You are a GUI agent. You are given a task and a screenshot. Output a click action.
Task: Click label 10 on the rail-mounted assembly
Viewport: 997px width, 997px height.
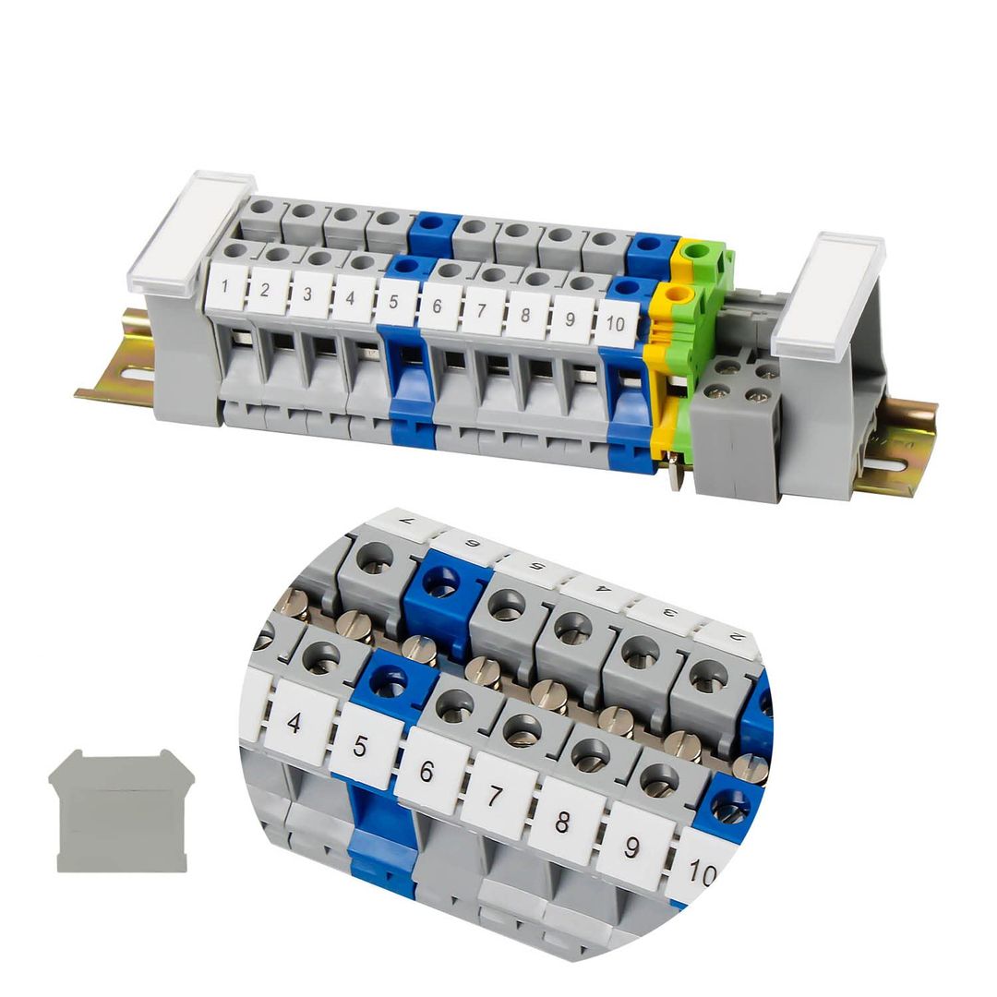[617, 324]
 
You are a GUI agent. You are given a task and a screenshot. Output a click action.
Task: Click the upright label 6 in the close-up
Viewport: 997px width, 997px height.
[426, 770]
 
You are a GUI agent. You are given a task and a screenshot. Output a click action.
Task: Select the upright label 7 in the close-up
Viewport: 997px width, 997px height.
[495, 795]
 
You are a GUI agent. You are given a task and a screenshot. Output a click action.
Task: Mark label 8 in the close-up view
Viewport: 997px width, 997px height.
[562, 821]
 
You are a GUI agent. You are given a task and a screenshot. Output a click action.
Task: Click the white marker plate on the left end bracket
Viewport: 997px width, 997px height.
[191, 233]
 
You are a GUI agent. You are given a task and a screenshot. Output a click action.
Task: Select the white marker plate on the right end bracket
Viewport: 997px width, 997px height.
[828, 294]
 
